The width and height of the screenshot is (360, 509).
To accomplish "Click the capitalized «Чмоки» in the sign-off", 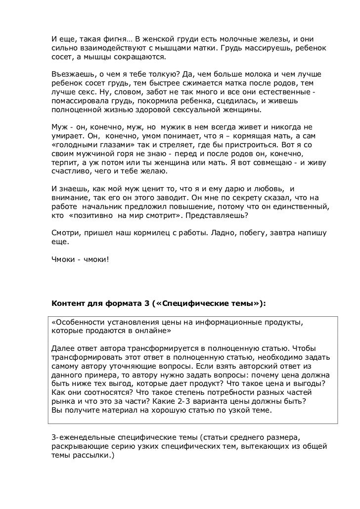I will (63, 264).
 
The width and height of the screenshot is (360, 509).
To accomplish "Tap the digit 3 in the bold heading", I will (148, 304).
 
